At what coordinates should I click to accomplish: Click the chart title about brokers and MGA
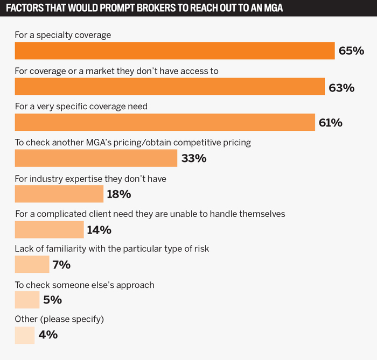(144, 9)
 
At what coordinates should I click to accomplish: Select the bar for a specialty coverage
(174, 51)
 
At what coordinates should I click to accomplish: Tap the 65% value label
(351, 51)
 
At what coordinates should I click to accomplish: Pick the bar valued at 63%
(170, 87)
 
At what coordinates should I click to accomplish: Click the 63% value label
(341, 87)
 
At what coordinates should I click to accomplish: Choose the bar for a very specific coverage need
(165, 122)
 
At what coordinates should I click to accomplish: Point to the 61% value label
(331, 123)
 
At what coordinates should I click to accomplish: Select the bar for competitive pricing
(96, 158)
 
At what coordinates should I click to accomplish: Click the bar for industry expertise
(59, 194)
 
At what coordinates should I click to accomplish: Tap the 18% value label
(119, 194)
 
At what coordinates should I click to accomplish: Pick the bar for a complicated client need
(49, 229)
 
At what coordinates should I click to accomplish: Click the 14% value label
(99, 230)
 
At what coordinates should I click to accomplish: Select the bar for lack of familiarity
(32, 264)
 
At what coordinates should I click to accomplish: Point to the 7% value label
(62, 265)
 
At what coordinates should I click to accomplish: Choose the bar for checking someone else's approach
(27, 300)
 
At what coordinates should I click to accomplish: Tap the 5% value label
(53, 300)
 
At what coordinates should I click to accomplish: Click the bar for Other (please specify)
(25, 335)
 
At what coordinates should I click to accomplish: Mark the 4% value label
(48, 335)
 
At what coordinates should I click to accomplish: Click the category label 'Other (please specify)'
(59, 319)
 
